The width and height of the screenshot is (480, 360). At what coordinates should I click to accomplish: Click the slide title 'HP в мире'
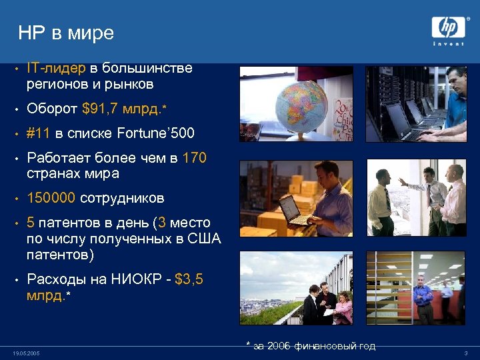(66, 33)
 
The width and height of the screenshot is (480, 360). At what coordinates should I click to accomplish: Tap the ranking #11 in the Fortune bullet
(39, 133)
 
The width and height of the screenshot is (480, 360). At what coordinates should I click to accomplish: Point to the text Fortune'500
(155, 133)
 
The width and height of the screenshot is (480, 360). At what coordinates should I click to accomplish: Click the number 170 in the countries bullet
(194, 158)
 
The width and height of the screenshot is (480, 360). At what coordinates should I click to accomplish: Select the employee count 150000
(51, 198)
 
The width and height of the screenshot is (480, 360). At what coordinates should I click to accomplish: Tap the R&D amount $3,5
(189, 279)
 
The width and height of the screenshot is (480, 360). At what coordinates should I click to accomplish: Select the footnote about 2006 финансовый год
(311, 345)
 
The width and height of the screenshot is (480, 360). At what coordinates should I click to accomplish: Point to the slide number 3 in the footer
(465, 353)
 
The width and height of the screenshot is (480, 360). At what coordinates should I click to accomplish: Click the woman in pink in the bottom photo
(343, 308)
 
